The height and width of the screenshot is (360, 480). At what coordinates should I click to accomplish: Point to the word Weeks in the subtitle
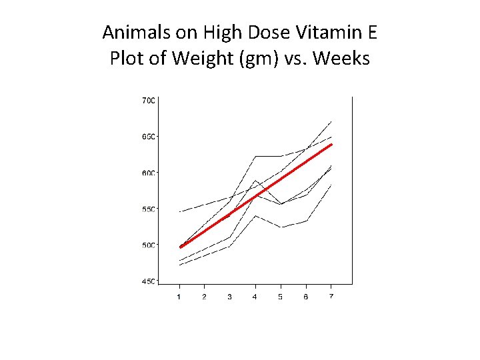pyautogui.click(x=340, y=58)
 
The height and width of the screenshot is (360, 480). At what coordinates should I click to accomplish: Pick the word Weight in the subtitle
pyautogui.click(x=198, y=59)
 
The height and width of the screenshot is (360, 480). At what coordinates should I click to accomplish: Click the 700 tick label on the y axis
pyautogui.click(x=148, y=101)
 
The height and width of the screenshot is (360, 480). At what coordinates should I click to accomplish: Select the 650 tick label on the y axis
pyautogui.click(x=148, y=137)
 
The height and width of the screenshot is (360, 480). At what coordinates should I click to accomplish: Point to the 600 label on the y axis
pyautogui.click(x=148, y=173)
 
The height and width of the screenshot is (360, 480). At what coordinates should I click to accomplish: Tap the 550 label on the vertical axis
pyautogui.click(x=148, y=209)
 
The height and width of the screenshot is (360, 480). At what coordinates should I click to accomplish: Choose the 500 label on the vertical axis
pyautogui.click(x=148, y=245)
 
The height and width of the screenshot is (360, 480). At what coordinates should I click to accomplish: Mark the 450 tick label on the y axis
pyautogui.click(x=148, y=281)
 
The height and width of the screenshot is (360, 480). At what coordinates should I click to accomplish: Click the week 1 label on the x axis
pyautogui.click(x=179, y=297)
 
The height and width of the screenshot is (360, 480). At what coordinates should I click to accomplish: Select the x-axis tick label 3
pyautogui.click(x=229, y=297)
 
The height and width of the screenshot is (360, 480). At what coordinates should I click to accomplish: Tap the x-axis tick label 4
pyautogui.click(x=255, y=297)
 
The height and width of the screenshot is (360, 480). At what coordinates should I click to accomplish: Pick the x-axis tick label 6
pyautogui.click(x=306, y=297)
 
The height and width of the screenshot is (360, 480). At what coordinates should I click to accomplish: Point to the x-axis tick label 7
pyautogui.click(x=331, y=297)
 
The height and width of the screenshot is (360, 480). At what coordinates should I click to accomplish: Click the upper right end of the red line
pyautogui.click(x=331, y=144)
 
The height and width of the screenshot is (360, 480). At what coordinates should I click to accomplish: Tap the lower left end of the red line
pyautogui.click(x=181, y=247)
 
